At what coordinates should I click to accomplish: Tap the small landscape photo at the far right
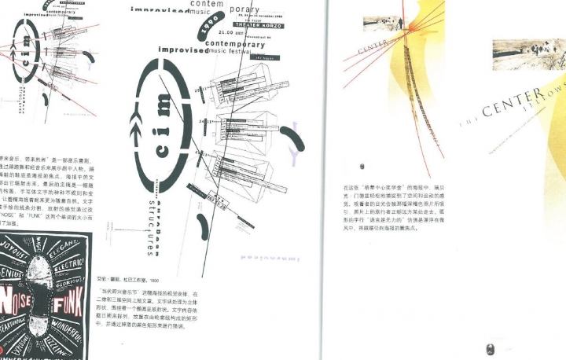pos(528,53)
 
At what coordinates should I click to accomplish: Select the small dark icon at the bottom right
pos(487,348)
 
